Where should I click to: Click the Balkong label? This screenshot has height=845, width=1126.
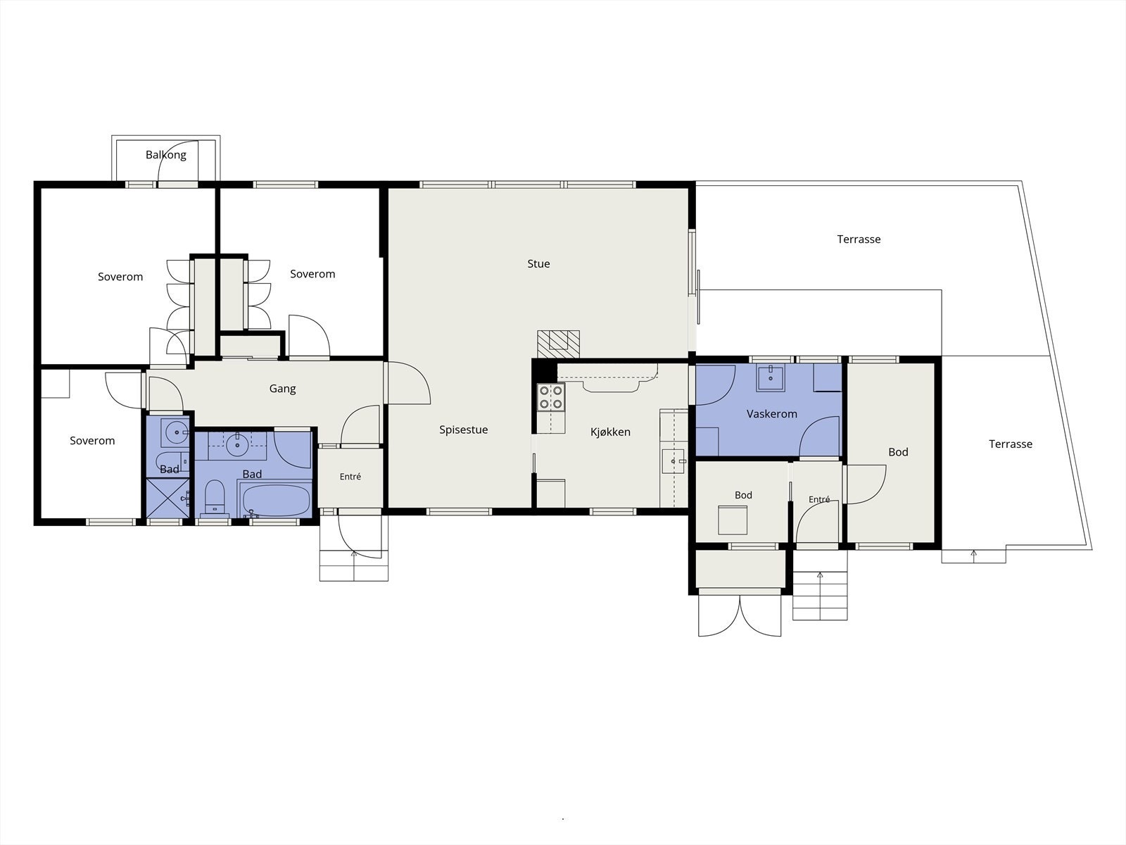tap(165, 155)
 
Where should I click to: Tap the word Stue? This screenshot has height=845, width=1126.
tap(538, 263)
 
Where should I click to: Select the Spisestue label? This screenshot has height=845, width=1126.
tap(463, 430)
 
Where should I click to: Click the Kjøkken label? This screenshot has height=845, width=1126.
tap(610, 432)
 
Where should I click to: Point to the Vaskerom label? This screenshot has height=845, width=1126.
tap(771, 414)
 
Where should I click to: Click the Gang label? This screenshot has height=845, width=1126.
tap(283, 389)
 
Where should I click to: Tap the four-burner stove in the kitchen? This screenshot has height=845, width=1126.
tap(551, 398)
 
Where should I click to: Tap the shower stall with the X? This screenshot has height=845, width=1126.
tap(167, 498)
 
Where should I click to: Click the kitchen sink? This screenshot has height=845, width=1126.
tap(673, 461)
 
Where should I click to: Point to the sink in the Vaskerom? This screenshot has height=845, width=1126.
tap(771, 378)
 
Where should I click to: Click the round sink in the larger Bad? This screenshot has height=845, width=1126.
tap(237, 444)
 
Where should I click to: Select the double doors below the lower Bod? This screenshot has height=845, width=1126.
tap(740, 615)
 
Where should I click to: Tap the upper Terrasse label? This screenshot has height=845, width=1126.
tap(859, 239)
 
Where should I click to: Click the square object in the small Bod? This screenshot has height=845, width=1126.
tap(732, 520)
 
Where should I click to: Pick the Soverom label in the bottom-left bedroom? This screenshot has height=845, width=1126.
tap(92, 441)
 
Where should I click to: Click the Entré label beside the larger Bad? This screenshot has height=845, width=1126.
tap(350, 477)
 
